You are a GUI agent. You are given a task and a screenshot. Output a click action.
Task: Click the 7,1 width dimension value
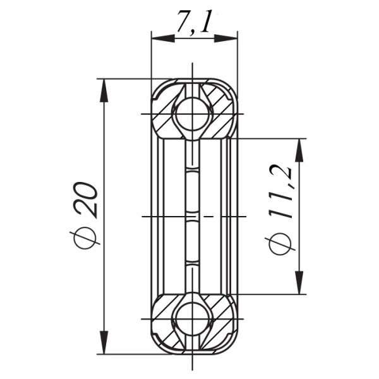tap(193, 25)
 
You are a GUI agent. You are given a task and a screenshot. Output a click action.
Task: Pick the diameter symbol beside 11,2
tap(279, 243)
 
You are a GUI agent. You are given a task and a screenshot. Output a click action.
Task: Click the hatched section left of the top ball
tap(165, 116)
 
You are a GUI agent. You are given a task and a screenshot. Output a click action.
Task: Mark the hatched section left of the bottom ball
tap(165, 316)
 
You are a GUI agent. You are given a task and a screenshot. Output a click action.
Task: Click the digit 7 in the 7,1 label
tap(183, 25)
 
